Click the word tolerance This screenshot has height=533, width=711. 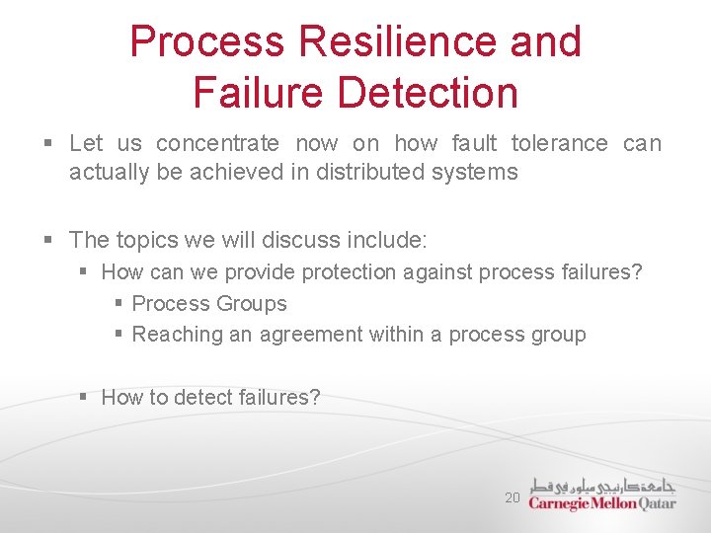(560, 144)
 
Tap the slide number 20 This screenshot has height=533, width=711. (512, 498)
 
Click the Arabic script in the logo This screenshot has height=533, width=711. (603, 486)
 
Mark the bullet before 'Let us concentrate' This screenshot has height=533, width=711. (48, 144)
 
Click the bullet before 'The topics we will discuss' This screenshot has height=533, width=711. (48, 240)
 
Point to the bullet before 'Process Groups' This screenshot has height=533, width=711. (118, 304)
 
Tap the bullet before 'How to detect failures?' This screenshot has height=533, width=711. (84, 397)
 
